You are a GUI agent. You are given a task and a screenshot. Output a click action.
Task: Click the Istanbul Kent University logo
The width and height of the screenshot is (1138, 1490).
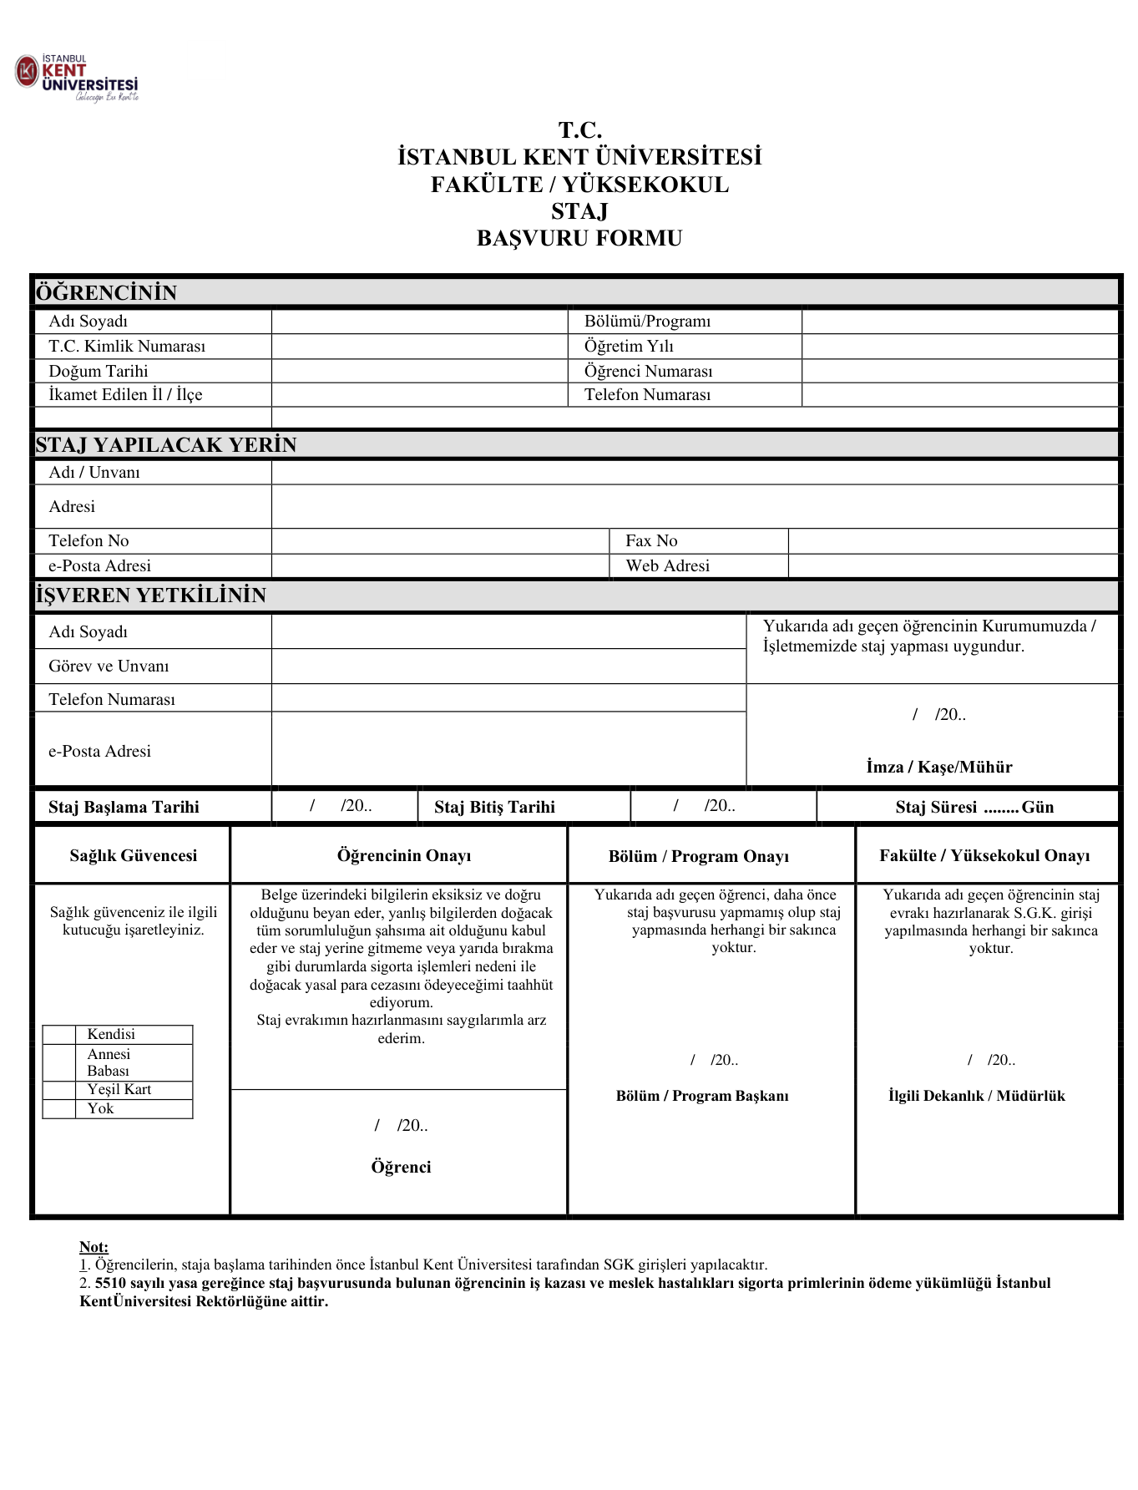(x=77, y=78)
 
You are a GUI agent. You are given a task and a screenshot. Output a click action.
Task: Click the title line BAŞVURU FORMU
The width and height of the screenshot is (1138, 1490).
(x=579, y=239)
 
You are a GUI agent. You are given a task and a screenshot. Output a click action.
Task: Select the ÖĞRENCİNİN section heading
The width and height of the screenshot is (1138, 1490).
(x=106, y=293)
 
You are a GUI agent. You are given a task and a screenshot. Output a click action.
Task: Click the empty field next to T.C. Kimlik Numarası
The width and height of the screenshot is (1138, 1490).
(x=419, y=347)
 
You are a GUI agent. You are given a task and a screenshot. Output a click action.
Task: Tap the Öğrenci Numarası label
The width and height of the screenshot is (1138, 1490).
(x=648, y=371)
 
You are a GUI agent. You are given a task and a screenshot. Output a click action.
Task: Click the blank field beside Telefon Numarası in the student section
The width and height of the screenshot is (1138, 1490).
(x=958, y=395)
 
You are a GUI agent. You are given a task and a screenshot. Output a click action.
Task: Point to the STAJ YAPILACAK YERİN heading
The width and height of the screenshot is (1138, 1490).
(x=166, y=445)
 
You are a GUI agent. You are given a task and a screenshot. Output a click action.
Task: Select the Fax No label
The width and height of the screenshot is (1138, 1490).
(x=651, y=541)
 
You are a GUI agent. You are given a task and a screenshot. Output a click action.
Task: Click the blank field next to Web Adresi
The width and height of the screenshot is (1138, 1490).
(x=952, y=566)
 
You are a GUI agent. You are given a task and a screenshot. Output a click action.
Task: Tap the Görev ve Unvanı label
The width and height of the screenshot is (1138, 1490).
(x=109, y=666)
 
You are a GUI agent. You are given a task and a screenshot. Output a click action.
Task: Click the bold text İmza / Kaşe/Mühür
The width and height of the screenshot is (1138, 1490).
(x=938, y=768)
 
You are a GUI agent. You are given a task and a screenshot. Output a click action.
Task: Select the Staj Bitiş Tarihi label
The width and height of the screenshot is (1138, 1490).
(x=494, y=808)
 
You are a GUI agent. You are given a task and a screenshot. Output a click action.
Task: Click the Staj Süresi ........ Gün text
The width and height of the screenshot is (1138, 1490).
(x=974, y=808)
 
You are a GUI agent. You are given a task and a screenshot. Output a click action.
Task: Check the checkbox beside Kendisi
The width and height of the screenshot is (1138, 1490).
(x=59, y=1035)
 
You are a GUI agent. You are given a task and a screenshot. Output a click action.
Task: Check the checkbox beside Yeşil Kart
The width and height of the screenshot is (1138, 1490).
(x=59, y=1090)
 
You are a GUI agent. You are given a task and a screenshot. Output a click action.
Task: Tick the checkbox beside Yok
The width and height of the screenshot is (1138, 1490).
(x=59, y=1109)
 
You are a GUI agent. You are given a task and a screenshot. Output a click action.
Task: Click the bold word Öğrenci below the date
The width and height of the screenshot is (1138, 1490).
(x=401, y=1168)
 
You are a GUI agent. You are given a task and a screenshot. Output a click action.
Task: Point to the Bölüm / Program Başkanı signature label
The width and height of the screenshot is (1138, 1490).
(x=701, y=1097)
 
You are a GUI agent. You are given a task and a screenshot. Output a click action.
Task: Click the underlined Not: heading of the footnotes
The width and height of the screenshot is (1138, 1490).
(x=94, y=1247)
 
